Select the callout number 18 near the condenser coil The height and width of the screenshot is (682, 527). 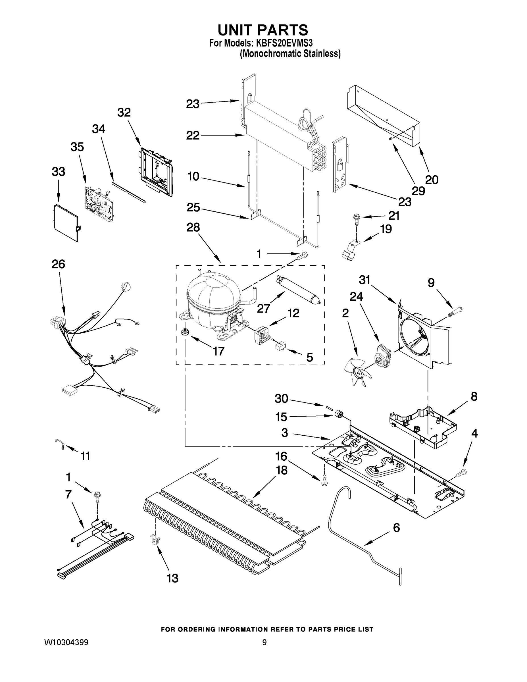[282, 470]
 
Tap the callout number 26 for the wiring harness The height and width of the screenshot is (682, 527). [59, 264]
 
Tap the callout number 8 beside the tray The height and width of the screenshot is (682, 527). [474, 397]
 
